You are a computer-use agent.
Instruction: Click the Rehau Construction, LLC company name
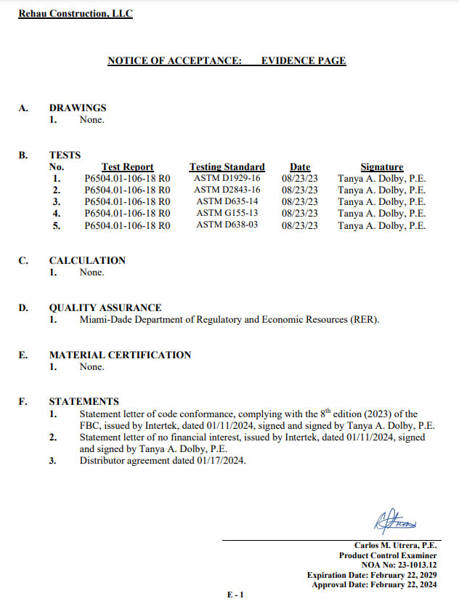(76, 14)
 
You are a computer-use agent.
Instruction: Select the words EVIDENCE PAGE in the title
(304, 61)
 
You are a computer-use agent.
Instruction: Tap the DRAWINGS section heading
(78, 108)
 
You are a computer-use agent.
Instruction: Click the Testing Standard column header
(227, 167)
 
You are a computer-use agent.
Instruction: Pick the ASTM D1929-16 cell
(227, 178)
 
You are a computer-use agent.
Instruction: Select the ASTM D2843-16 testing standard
(227, 190)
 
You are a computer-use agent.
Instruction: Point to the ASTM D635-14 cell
(227, 201)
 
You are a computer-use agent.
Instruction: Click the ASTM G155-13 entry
(227, 214)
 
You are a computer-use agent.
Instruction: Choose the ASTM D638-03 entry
(227, 225)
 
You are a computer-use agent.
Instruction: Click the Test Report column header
(127, 167)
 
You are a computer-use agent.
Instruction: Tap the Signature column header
(381, 167)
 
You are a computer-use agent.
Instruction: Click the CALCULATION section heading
(87, 260)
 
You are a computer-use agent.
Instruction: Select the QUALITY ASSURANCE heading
(105, 308)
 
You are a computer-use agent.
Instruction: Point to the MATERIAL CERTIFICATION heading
(120, 355)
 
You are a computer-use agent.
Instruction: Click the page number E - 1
(236, 595)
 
